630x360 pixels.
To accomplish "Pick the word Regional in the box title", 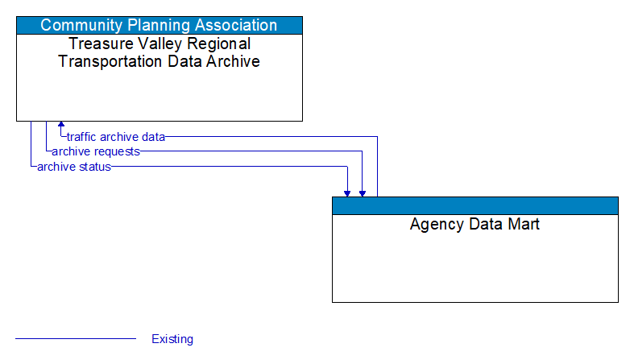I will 215,43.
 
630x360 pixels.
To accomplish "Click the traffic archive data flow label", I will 115,137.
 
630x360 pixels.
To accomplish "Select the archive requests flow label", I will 95,151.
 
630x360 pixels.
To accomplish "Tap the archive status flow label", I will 73,167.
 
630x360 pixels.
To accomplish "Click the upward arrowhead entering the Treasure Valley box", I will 60,126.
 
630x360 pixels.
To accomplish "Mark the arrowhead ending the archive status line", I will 347,192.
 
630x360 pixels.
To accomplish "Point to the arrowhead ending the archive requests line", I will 363,192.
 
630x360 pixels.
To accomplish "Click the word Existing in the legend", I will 172,339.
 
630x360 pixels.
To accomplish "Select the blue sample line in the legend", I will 76,339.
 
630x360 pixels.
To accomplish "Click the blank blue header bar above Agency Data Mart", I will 475,205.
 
